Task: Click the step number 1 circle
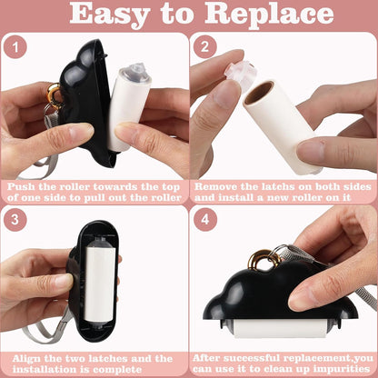click(x=15, y=47)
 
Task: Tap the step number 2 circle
click(x=204, y=47)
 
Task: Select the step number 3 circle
click(x=15, y=219)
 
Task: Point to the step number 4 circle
click(x=205, y=219)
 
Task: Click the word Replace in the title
click(x=269, y=15)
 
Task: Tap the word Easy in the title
click(x=110, y=15)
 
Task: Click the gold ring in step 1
click(x=55, y=94)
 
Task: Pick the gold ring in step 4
click(x=264, y=259)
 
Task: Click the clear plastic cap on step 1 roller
click(x=135, y=74)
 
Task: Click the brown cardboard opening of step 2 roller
click(x=259, y=93)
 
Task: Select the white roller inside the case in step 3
click(x=99, y=283)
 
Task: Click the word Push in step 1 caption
click(x=21, y=186)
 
